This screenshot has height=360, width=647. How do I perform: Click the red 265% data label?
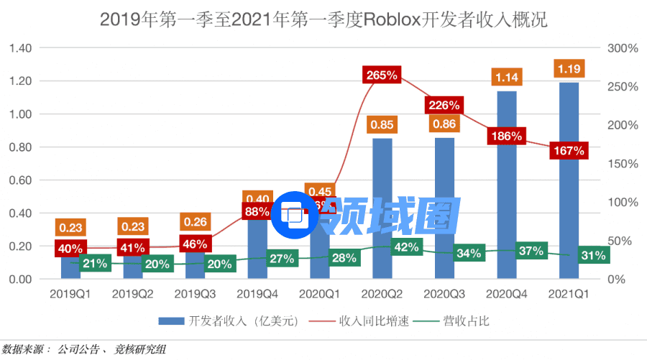tap(382, 75)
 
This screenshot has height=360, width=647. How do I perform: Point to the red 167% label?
tap(568, 151)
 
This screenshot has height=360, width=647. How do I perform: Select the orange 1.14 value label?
tap(508, 77)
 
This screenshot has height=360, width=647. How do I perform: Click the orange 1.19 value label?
tap(569, 69)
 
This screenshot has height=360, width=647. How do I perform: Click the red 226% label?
tap(444, 105)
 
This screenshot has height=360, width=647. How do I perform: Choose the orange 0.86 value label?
tap(444, 124)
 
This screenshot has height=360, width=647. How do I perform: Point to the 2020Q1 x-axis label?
tap(319, 295)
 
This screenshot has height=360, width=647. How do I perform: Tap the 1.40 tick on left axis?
tap(22, 48)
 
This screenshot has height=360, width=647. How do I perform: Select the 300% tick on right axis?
tap(623, 48)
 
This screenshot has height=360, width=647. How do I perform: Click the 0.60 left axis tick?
tap(22, 180)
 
